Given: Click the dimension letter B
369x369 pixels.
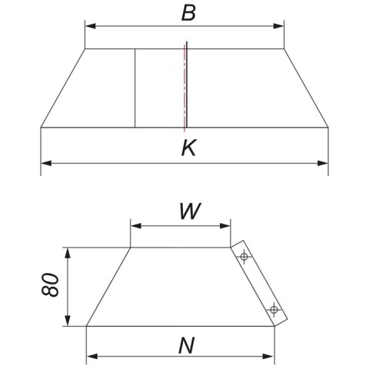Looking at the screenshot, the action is point(188,13).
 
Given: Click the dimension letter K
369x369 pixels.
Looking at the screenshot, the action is point(189,148).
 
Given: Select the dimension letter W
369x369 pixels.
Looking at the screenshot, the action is point(190,211).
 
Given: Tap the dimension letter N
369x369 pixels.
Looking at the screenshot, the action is point(187,346).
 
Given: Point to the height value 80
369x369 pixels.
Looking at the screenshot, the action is point(50,284).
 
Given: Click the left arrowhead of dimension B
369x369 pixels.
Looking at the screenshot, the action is point(90,26).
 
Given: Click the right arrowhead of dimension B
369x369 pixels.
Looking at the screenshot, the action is point(278,26).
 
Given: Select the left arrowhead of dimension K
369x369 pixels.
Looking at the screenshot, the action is point(46,163).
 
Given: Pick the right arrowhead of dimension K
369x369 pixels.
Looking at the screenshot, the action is point(323,163).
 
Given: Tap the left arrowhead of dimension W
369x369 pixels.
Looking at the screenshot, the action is point(136,226).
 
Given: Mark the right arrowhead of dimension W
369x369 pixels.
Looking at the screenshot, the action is point(225,226).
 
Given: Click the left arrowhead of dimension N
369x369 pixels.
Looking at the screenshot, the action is point(92,356).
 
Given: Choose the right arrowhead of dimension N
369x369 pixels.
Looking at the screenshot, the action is point(268,356).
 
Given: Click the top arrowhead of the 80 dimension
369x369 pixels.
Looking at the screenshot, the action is point(68,253).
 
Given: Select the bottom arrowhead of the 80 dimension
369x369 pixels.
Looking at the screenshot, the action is point(68,321).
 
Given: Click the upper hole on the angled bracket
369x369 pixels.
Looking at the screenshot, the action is point(244,256).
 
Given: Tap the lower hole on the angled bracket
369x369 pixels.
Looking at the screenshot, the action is point(274,310).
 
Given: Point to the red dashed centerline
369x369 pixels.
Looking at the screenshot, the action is point(184,88).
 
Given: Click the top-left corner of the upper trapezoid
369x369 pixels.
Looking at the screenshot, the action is point(85,48).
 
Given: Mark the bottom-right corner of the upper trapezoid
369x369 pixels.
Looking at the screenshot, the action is point(328,127).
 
